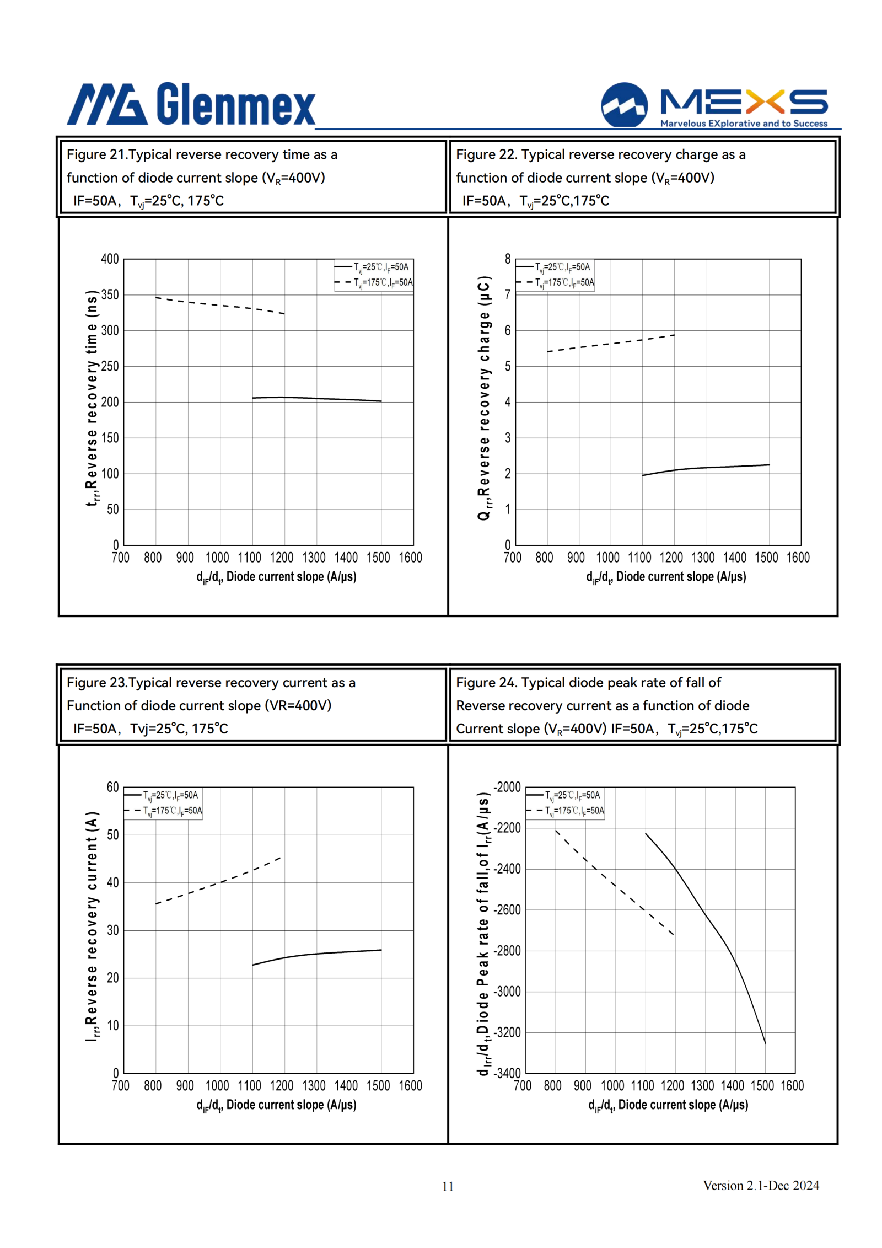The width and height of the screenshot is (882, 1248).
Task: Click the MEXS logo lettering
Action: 744,101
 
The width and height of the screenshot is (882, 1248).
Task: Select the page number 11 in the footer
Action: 448,1186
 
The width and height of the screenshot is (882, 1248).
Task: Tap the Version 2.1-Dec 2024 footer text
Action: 761,1185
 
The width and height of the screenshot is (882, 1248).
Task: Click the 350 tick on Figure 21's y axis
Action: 110,294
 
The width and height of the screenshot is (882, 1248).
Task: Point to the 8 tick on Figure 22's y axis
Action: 508,259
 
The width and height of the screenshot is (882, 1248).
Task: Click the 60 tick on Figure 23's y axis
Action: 112,787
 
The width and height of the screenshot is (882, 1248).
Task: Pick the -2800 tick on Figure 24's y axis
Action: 507,950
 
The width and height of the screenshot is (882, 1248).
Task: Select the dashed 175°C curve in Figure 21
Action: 220,305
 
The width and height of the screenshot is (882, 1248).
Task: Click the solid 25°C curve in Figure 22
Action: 706,468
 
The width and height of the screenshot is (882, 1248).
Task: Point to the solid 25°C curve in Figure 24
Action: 705,916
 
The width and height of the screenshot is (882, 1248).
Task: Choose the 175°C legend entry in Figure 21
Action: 373,282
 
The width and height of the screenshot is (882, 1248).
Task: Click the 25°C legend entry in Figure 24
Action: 563,795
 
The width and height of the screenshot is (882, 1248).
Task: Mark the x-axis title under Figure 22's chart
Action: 666,577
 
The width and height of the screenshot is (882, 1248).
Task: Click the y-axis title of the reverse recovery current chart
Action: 92,926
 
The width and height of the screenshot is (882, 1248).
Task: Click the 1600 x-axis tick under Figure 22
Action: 798,558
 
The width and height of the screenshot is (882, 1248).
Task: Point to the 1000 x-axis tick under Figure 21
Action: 217,558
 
